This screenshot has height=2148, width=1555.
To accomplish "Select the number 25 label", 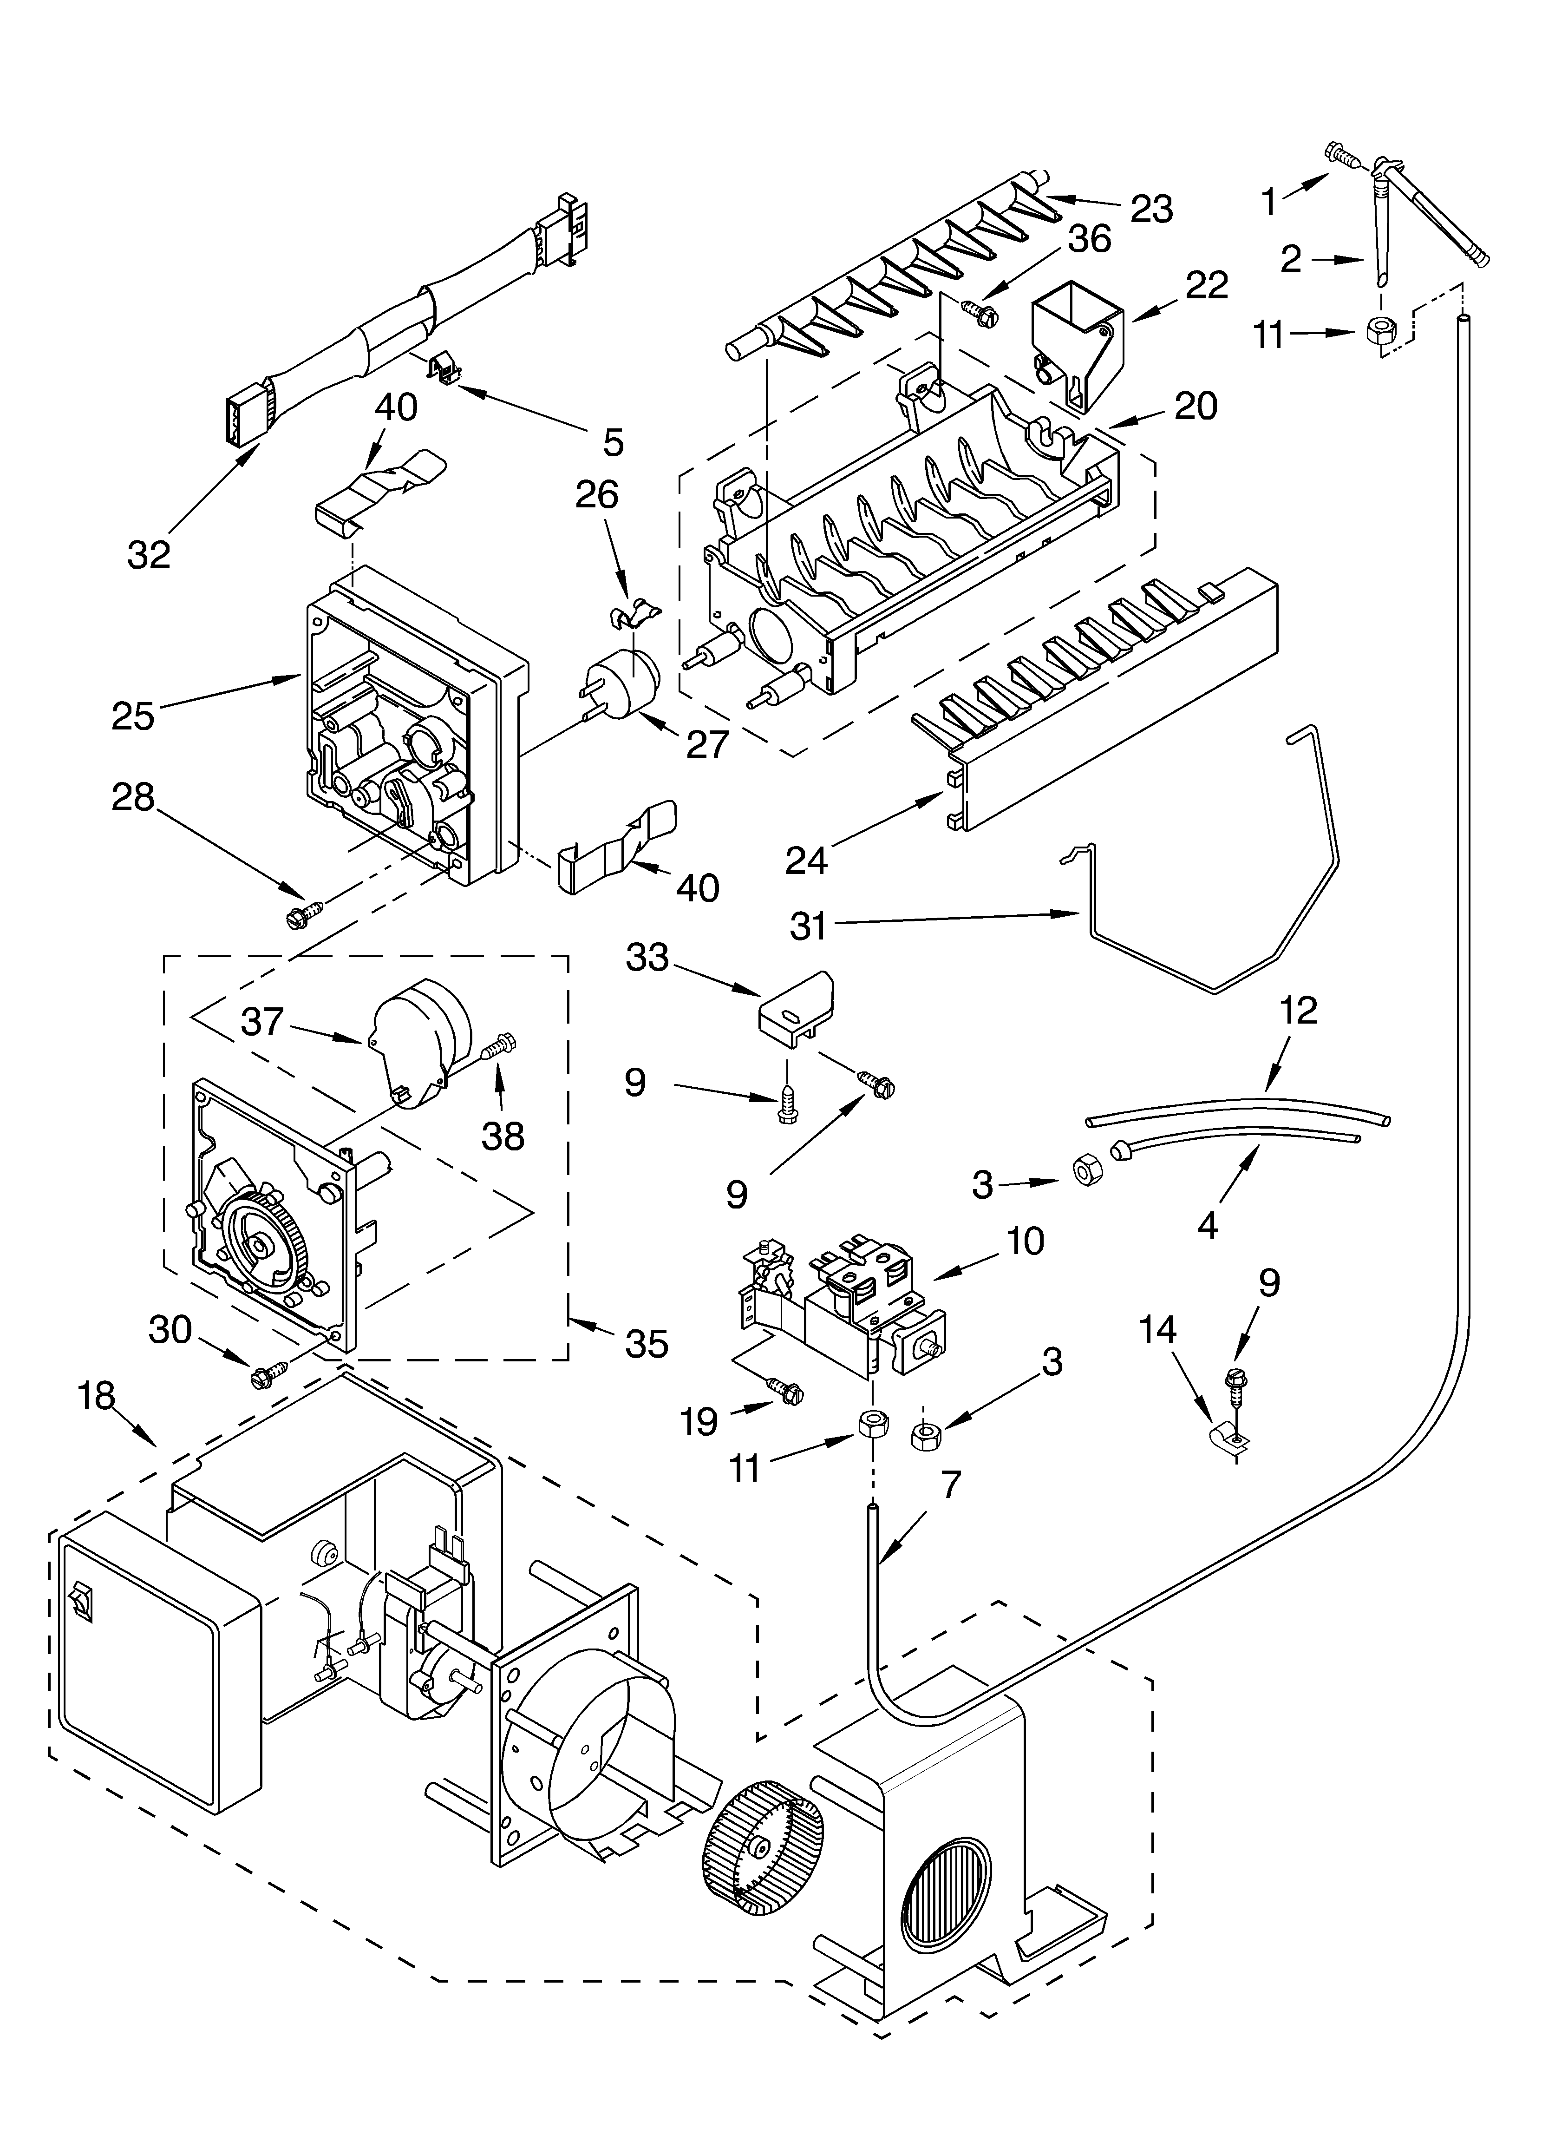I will click(x=132, y=716).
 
